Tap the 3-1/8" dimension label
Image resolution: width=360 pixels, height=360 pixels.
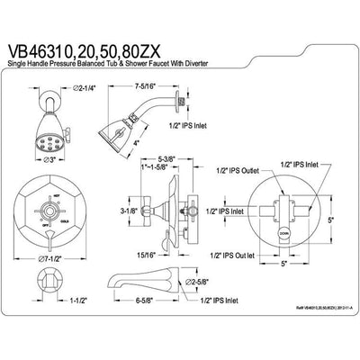click(129, 211)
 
